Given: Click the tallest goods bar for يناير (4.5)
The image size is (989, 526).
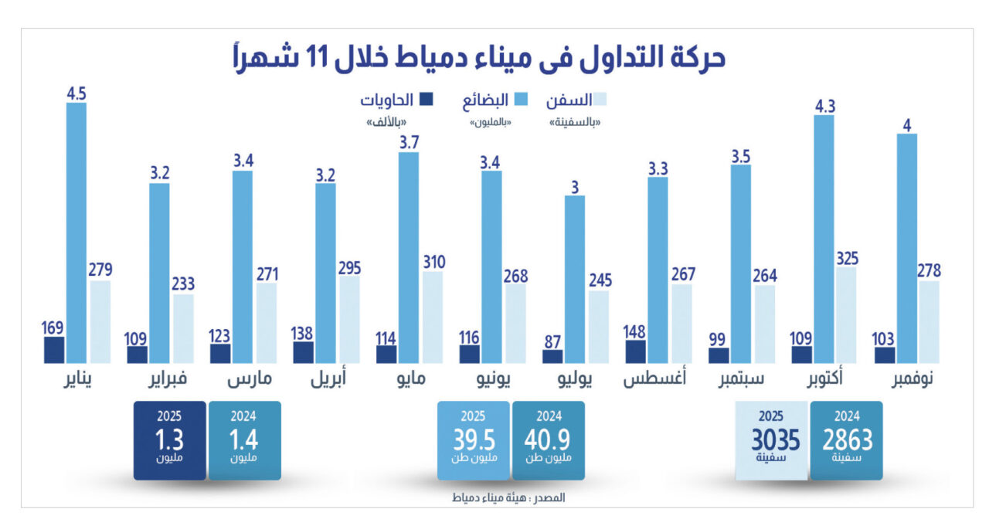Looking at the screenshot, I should pos(76,232).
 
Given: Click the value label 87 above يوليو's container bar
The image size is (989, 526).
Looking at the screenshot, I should pos(552,339).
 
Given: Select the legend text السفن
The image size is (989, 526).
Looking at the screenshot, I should pos(573,100).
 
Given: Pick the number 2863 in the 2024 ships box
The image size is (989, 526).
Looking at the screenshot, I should pos(846,439).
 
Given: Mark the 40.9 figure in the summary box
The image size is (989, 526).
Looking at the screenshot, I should pos(548,439).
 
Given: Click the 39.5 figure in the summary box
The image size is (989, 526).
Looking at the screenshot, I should pos(474,439).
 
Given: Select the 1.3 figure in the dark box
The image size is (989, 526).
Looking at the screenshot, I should pos(169,439).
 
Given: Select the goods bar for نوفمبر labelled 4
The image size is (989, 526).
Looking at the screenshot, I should pos(906,248).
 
